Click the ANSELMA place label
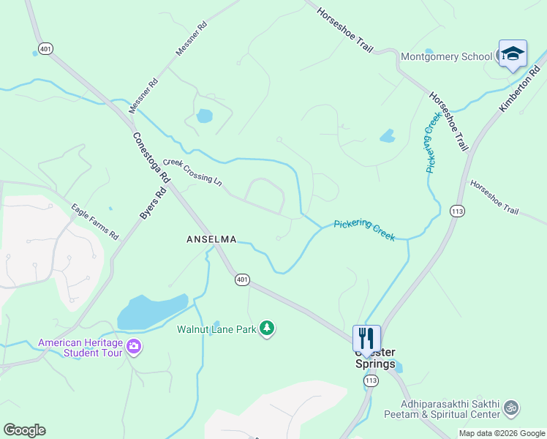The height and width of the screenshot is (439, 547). pos(211,239)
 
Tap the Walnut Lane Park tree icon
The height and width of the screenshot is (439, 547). pos(268,329)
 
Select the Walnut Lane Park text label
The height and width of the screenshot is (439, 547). pos(216,329)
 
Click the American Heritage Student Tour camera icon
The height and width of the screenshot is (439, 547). pos(133,346)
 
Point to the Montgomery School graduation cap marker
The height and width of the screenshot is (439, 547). pos(512,53)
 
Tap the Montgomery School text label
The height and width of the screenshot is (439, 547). pos(446,56)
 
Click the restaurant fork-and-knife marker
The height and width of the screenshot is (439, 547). pos(366,337)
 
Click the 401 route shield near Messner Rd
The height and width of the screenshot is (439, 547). pos(46,49)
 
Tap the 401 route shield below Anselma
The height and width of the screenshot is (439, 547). pos(243,279)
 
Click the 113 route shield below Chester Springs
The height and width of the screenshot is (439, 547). pos(371,380)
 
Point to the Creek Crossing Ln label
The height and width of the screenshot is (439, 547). pos(192,171)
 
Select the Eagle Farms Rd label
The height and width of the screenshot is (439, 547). pos(94,222)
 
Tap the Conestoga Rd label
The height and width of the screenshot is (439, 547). pos(151,157)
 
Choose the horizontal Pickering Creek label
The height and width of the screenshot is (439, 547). pos(364,230)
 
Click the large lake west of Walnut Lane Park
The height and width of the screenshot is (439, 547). pos(152,312)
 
